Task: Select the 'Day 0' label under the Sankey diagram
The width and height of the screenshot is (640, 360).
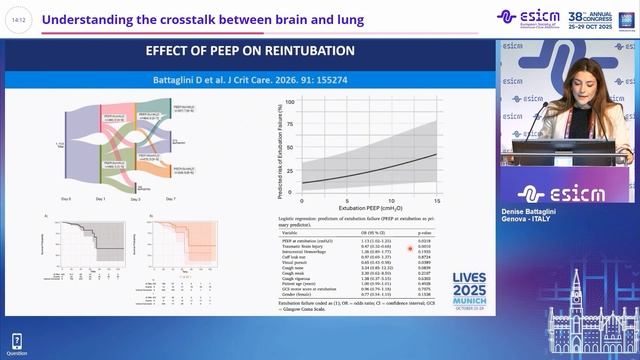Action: [x=65, y=199]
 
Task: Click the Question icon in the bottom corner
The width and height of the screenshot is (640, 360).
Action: [x=16, y=343]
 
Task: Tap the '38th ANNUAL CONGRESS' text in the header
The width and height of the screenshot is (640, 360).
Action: [x=596, y=17]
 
